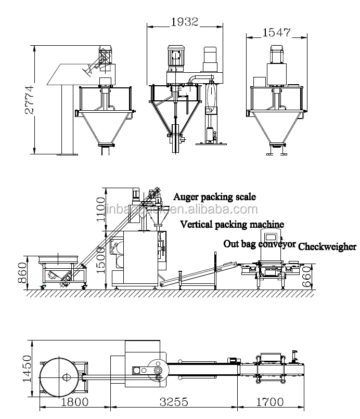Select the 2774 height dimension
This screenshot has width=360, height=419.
click(x=30, y=100)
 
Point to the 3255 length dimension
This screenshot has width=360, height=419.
click(x=173, y=402)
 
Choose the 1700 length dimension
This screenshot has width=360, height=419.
click(x=270, y=402)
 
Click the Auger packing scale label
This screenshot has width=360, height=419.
click(x=214, y=197)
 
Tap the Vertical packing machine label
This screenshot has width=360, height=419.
click(x=232, y=225)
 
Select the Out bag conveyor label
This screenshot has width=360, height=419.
click(x=260, y=243)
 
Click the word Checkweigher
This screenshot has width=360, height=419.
click(x=327, y=247)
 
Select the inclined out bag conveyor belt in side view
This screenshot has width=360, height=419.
click(x=195, y=273)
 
